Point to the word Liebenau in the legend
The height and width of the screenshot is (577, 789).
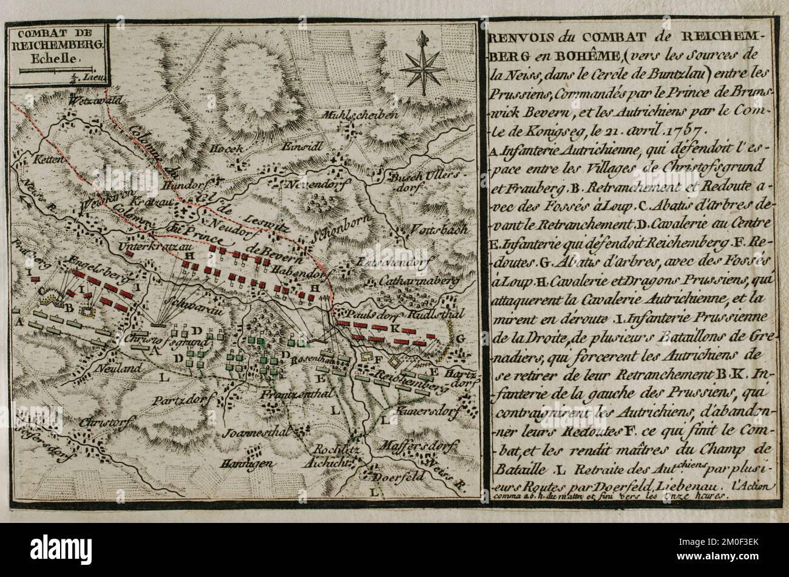point(689,487)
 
